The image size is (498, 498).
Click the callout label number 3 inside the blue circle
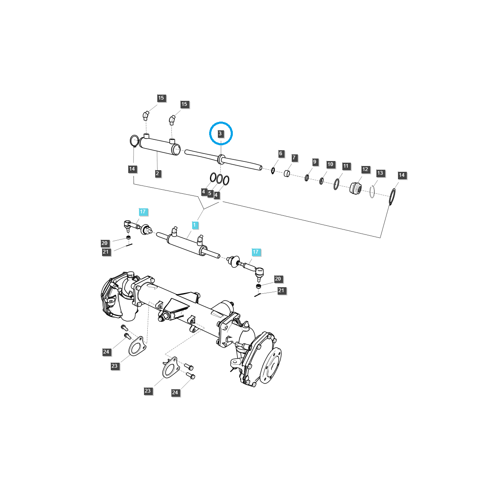[221, 134]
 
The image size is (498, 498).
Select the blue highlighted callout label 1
[194, 225]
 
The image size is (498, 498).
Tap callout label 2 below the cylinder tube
[158, 173]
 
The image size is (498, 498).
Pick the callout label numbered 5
[210, 193]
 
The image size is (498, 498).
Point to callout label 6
[281, 154]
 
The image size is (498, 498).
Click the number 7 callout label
[294, 158]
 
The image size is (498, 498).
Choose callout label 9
[315, 162]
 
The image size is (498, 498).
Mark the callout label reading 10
[330, 164]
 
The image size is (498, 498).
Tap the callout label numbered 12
[365, 169]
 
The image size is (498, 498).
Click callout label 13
[380, 173]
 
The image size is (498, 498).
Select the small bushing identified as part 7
[287, 173]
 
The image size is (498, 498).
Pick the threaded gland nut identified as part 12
[355, 188]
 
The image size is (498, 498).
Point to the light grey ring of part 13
[372, 192]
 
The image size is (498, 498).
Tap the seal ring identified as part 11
[336, 184]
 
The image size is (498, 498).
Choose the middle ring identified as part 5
[219, 179]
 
